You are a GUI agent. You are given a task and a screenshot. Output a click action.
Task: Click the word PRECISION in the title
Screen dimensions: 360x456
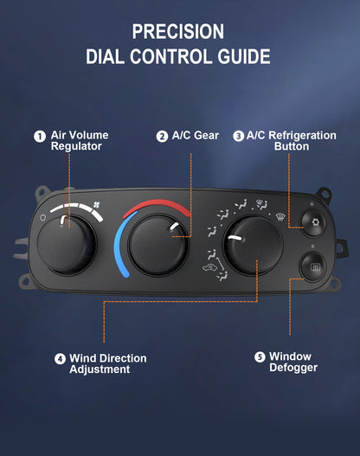point(178,32)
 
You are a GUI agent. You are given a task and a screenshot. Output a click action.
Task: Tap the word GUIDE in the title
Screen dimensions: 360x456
point(244,56)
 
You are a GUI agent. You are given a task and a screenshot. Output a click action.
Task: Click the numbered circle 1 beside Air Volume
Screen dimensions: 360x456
point(40,137)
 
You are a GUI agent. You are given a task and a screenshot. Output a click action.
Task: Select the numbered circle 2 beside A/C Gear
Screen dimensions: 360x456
point(162,137)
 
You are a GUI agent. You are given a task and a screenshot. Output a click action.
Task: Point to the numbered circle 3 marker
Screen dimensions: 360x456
point(239,136)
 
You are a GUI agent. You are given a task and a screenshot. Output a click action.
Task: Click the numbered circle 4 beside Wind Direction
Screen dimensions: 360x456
point(61,359)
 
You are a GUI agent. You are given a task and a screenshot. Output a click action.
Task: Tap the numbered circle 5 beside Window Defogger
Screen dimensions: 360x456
point(260,356)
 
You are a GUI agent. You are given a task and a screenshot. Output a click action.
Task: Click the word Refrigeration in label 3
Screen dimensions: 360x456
point(302,136)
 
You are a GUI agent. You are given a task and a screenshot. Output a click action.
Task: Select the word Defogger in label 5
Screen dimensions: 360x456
point(293,368)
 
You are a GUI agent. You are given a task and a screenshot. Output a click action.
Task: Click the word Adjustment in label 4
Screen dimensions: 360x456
point(100,369)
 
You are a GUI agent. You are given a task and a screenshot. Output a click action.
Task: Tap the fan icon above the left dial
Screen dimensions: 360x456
point(97,205)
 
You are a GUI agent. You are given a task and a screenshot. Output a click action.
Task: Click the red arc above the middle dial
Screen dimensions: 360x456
point(157,206)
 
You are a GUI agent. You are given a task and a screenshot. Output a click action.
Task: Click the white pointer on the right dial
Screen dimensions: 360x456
point(235,238)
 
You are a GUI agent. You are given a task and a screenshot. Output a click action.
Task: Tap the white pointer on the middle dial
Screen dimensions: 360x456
point(174,226)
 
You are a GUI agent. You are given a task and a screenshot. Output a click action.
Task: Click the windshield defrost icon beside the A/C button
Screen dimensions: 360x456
point(280,216)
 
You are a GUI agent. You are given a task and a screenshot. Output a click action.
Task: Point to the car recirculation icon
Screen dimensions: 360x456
point(209,267)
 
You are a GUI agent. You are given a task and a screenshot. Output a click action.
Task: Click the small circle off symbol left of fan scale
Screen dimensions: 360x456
point(43,217)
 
